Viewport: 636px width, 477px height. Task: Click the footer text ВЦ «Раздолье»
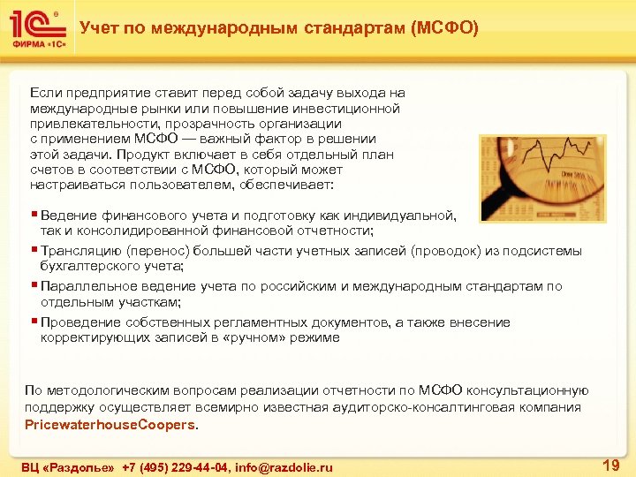click(68, 466)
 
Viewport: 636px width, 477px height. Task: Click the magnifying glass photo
click(543, 178)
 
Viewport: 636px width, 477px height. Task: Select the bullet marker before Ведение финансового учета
click(33, 215)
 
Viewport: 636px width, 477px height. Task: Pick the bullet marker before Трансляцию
click(33, 250)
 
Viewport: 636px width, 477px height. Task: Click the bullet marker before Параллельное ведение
click(33, 285)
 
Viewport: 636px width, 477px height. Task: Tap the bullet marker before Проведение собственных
click(33, 322)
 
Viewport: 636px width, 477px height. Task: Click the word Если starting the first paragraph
click(44, 92)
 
